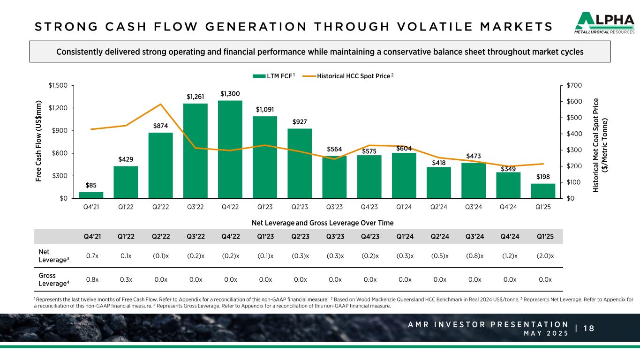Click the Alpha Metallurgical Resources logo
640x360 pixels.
tap(604, 23)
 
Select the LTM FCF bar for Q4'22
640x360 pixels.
tap(230, 149)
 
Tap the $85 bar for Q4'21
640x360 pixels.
tap(91, 195)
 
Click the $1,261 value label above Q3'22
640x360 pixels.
tap(195, 97)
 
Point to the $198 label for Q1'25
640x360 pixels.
tap(543, 177)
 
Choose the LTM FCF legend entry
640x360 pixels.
tap(273, 76)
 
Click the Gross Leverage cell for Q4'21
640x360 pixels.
tap(91, 279)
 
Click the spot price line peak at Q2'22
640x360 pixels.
tap(161, 104)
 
